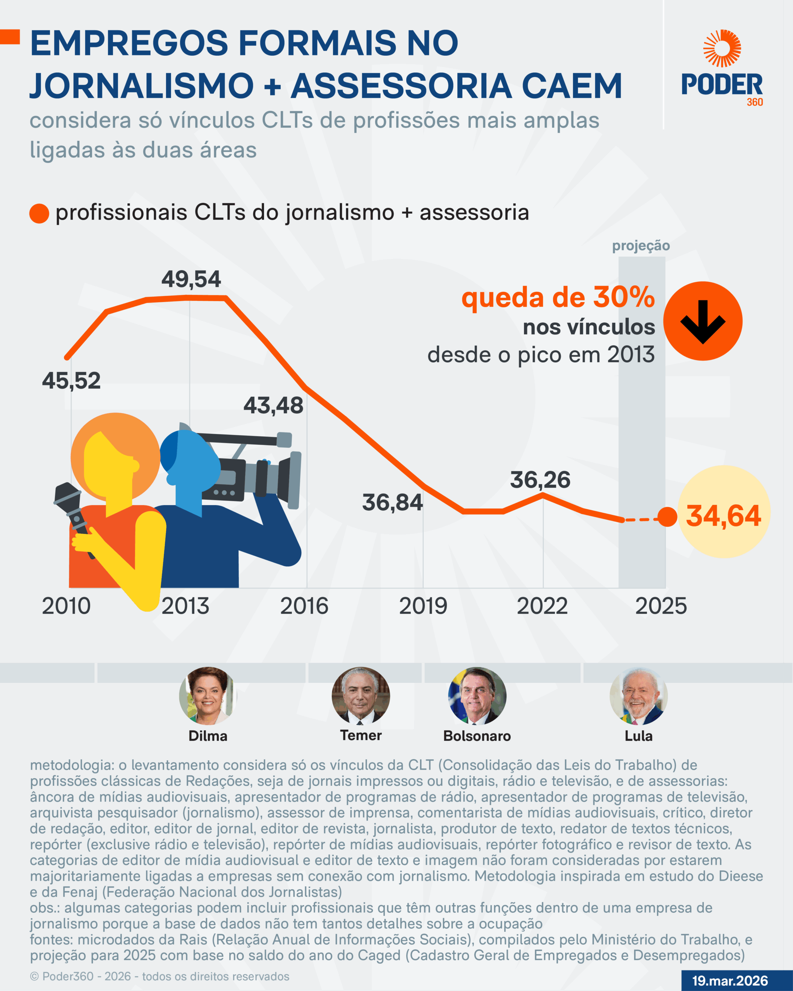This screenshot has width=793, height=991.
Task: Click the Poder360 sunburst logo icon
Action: coord(722,48)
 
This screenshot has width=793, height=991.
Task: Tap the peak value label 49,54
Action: coord(191,279)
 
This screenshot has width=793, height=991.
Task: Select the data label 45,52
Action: coord(71,381)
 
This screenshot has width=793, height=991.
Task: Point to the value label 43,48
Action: coord(273,405)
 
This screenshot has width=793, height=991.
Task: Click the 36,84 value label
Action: coord(392,502)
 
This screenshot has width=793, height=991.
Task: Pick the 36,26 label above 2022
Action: coord(540,480)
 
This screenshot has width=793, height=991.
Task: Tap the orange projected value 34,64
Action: coord(723,516)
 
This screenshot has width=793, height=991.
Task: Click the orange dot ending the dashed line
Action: coord(668,517)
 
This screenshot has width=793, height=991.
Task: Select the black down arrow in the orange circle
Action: coord(702,321)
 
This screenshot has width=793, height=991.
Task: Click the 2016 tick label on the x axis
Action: coord(304,606)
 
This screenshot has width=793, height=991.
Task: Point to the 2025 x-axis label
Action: coord(661,606)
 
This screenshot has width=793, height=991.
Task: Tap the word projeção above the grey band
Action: coord(641,245)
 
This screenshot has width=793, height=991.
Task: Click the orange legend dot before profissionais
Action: coord(39,214)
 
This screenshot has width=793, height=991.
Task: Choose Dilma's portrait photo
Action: coord(208,696)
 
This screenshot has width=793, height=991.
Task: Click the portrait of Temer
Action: coord(361,696)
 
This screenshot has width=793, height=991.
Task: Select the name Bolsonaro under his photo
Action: coord(477,736)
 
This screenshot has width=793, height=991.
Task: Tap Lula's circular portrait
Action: coord(639,696)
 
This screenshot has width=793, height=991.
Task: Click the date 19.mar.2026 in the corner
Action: coord(730,981)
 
